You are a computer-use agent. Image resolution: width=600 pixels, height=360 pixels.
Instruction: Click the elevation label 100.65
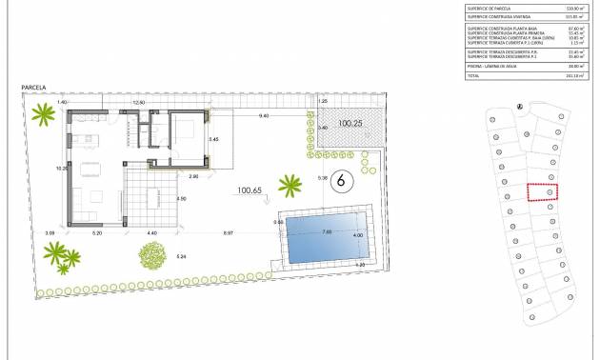(250, 190)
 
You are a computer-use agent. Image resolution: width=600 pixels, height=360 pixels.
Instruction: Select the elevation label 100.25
(352, 123)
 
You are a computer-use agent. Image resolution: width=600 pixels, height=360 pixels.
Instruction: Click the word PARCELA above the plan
(34, 88)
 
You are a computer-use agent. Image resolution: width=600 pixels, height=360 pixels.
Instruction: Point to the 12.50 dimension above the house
(139, 102)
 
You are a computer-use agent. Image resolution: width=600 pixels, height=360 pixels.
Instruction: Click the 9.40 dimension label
(264, 115)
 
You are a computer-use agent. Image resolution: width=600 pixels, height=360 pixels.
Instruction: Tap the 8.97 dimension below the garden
(230, 233)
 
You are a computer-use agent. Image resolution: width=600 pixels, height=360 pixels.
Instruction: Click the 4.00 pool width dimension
(358, 235)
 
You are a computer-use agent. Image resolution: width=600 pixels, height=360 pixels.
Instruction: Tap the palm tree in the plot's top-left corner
(43, 117)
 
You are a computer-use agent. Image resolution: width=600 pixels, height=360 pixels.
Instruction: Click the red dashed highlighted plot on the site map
(542, 191)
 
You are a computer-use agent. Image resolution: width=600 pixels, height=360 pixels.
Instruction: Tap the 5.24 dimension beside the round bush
(181, 256)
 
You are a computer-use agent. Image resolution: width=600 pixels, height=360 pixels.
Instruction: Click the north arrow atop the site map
(518, 107)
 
